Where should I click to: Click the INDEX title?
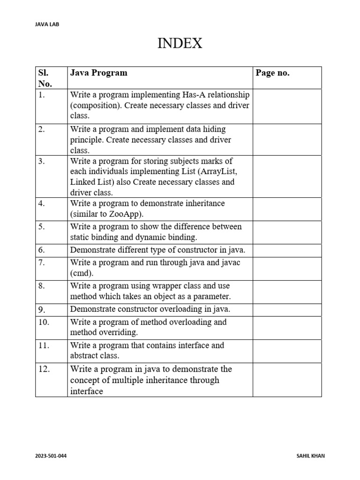coord(180,44)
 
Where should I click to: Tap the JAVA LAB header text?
coord(47,24)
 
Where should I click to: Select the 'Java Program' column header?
coord(98,73)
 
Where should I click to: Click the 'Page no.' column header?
coord(272,73)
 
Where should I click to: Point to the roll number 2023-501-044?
coord(51,456)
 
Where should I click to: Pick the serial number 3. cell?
coord(42,161)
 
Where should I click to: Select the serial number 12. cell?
coord(44,369)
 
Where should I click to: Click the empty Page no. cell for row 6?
coord(287,250)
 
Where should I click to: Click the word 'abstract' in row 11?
coord(84,356)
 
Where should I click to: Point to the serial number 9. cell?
coord(42,310)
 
